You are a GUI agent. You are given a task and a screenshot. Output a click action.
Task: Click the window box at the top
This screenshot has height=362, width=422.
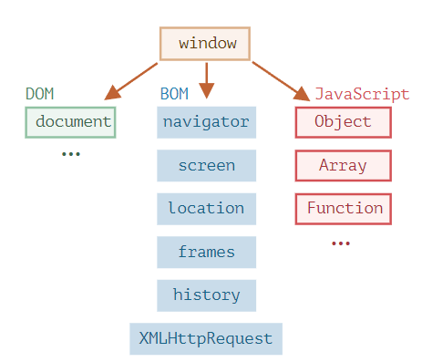pos(205,44)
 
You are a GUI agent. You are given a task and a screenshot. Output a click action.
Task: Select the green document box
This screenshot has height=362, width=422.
pos(70,122)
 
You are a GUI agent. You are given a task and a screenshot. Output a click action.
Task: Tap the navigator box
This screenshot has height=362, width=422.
pos(207,122)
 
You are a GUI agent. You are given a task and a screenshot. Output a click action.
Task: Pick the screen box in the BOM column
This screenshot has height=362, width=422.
pos(207,166)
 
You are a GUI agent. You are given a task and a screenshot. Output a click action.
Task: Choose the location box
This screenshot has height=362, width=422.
pos(207,209)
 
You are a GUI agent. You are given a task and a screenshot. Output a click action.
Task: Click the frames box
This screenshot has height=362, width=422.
pos(207,253)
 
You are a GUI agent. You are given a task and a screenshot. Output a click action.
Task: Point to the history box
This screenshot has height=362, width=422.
pos(207,295)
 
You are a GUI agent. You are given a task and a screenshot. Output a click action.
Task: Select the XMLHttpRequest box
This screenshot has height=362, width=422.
pos(206,339)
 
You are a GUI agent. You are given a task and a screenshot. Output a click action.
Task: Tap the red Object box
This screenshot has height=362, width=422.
pos(344,122)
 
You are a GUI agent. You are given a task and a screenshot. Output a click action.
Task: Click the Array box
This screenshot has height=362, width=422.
pos(344,166)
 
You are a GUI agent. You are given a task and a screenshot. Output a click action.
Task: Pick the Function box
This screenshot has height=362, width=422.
pos(344,209)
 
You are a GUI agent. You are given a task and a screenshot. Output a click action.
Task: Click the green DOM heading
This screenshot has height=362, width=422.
pos(40,94)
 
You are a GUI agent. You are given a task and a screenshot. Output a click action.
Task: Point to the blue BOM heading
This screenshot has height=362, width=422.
pos(174,94)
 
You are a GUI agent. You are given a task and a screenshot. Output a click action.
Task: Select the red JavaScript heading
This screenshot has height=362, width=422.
pos(362,94)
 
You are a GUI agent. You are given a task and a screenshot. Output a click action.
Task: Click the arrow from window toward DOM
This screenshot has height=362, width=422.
pos(131,81)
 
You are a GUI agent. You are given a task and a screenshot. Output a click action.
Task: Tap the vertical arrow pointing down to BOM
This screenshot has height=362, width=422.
pos(207,80)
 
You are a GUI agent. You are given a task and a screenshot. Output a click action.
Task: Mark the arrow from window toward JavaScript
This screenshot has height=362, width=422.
pos(281,81)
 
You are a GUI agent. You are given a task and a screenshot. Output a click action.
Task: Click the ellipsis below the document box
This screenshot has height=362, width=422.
pos(71,154)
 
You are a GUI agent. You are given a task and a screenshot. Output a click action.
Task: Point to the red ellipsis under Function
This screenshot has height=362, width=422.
pos(341,243)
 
